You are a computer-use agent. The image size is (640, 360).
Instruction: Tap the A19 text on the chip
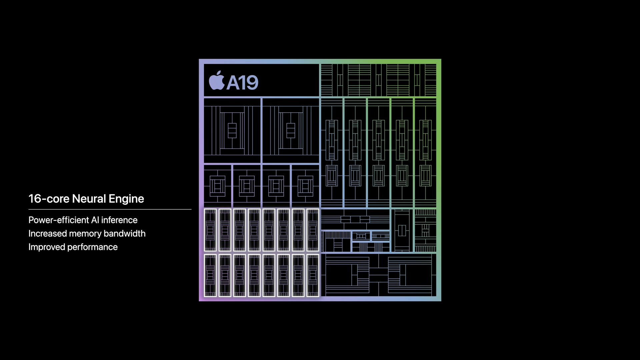click(x=242, y=82)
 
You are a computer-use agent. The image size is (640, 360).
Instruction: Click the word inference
click(x=119, y=220)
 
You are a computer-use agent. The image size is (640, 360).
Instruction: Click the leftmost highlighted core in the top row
click(x=210, y=230)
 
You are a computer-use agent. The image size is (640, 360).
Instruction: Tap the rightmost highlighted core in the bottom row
click(x=313, y=275)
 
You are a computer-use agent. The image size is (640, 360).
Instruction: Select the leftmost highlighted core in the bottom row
click(x=210, y=275)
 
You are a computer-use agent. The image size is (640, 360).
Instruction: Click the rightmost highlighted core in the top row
click(x=313, y=230)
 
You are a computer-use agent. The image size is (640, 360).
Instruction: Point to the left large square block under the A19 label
click(x=232, y=130)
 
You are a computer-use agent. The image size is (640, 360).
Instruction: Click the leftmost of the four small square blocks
click(x=217, y=186)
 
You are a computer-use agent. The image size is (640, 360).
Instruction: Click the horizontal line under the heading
click(x=110, y=209)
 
